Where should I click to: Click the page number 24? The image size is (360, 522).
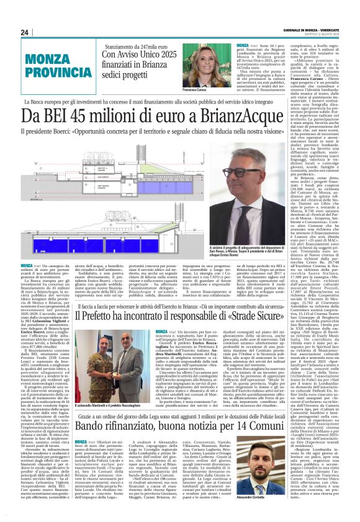tap(24, 32)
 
